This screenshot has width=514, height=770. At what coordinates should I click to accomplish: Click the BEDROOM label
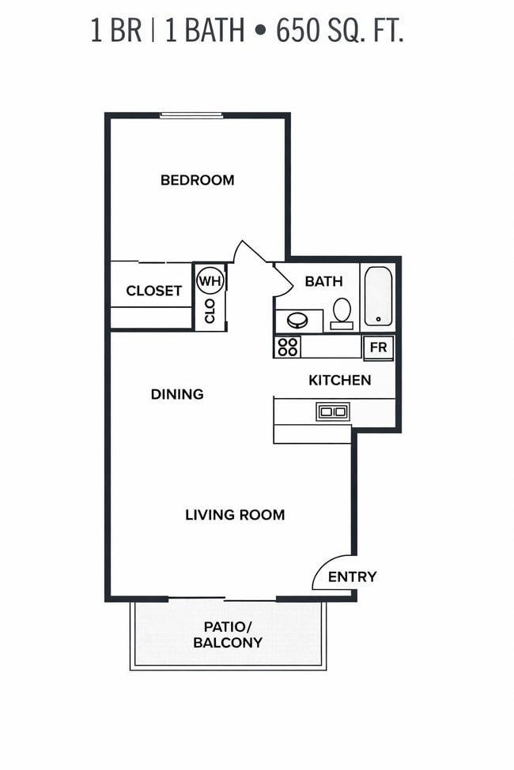pos(197,180)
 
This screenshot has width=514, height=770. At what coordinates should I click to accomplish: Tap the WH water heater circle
pos(210,280)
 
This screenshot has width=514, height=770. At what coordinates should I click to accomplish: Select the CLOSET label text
pos(153,291)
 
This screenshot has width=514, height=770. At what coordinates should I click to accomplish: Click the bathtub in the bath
pos(377,297)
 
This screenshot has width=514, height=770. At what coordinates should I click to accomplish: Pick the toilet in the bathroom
pos(342,312)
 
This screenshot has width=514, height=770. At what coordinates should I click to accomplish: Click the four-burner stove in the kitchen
pos(288,347)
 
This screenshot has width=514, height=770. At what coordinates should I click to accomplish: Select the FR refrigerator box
pos(378,347)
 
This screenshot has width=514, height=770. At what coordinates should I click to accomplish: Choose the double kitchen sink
pos(332,411)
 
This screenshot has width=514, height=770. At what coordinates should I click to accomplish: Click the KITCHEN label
pos(339,381)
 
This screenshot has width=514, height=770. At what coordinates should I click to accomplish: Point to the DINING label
pos(177,394)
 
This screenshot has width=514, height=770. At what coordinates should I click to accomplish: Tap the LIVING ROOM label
pos(235,515)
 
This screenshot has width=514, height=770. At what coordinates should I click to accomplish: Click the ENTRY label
pos(352,577)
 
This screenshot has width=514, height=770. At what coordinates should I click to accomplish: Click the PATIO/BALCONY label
pos(228,634)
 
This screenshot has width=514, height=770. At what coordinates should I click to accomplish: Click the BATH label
pos(323,281)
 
